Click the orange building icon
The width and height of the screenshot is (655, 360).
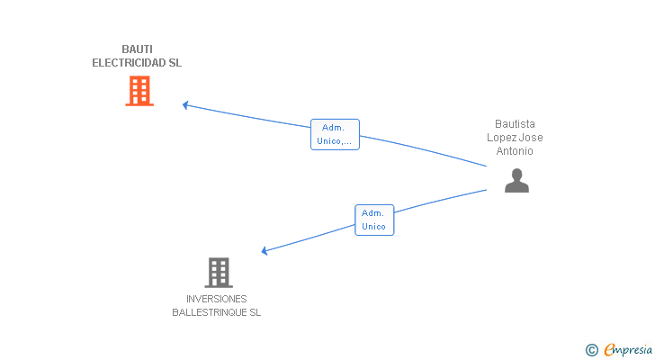(139, 91)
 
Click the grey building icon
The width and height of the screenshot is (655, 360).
(218, 272)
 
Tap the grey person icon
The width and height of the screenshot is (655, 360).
(516, 181)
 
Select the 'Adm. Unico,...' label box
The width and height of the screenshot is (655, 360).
(335, 134)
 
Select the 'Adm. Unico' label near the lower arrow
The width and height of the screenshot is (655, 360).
(373, 220)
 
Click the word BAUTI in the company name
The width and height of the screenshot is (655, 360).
(137, 49)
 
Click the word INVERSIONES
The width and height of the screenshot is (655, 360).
(217, 299)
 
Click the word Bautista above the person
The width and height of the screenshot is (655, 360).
(515, 124)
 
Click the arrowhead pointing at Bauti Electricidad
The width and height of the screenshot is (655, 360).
(184, 105)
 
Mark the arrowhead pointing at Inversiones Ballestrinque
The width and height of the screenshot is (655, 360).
(265, 251)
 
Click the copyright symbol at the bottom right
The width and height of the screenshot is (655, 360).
(592, 350)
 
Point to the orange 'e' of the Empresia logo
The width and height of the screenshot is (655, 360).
(609, 350)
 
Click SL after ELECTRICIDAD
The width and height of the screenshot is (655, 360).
(175, 64)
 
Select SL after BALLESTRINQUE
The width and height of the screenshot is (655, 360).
(255, 313)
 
